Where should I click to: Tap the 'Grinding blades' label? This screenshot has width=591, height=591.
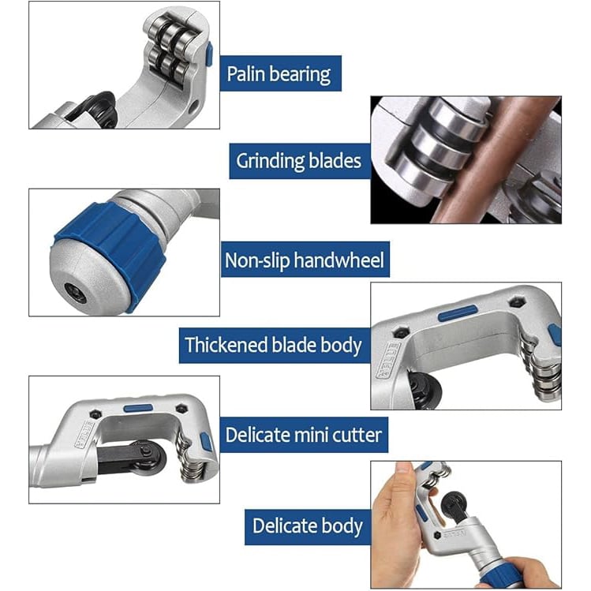coord(298,161)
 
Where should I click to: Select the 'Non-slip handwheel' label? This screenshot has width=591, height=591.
coord(305,260)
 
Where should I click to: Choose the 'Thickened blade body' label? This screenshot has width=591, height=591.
coord(273,345)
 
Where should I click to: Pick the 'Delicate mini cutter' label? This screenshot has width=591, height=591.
coord(303,434)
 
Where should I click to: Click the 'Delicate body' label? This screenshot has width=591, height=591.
coord(308,526)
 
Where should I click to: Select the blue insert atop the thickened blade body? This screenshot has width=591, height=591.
coord(457,313)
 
